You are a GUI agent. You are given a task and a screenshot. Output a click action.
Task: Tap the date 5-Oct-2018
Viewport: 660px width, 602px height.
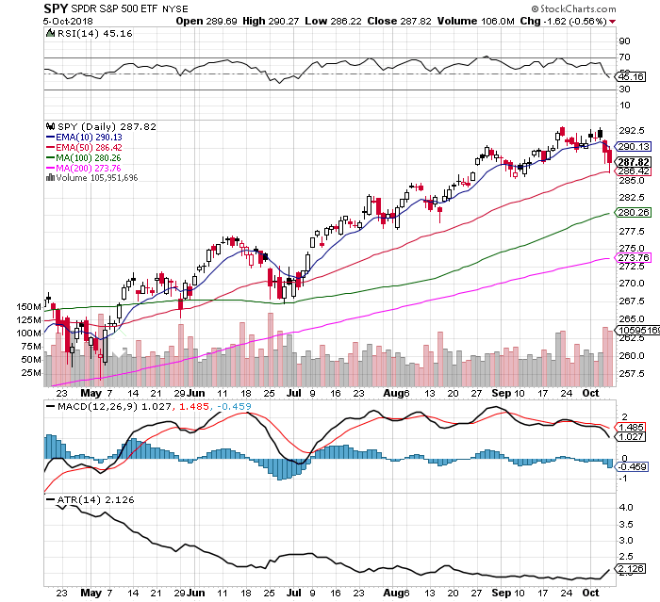72,21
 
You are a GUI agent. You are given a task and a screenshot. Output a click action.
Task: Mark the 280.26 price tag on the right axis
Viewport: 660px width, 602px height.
630,213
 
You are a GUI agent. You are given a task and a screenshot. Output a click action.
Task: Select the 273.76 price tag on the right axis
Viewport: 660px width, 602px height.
630,258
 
